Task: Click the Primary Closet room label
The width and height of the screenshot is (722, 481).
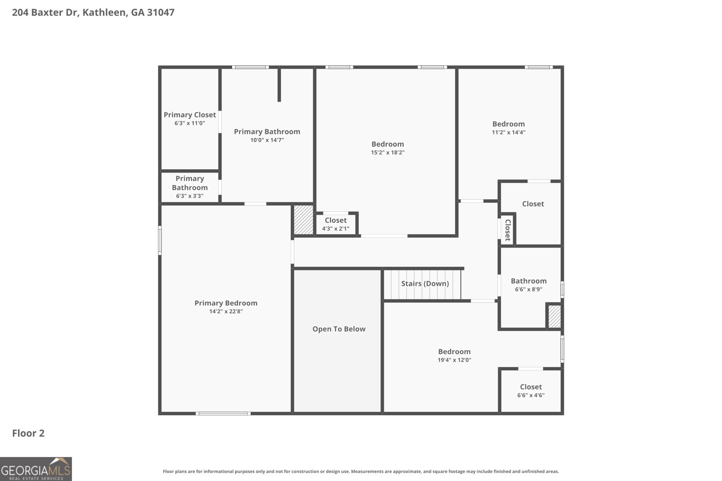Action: (x=190, y=115)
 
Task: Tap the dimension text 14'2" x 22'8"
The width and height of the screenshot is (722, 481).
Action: (x=226, y=312)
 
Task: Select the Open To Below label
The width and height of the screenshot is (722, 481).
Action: (x=339, y=329)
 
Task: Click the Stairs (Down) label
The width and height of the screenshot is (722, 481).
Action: (x=425, y=284)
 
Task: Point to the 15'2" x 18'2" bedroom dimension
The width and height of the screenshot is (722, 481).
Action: (x=388, y=153)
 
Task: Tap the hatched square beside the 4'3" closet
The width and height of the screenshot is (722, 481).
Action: (x=303, y=220)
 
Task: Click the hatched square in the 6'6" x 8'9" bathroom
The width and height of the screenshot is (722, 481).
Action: (x=554, y=316)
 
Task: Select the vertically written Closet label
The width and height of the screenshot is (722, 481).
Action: (x=508, y=230)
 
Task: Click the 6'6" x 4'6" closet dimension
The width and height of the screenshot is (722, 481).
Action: (x=531, y=395)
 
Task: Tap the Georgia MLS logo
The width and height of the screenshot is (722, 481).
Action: (x=36, y=469)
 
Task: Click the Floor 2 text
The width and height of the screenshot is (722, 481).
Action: (x=28, y=433)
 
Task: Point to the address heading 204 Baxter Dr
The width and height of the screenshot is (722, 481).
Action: (x=93, y=13)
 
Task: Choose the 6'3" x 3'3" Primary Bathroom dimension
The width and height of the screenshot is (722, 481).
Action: (x=190, y=196)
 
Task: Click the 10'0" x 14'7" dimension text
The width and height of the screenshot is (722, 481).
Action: (x=267, y=140)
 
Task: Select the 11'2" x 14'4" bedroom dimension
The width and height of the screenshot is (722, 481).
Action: (x=509, y=133)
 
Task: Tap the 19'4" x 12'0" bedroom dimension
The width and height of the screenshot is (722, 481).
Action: (x=454, y=360)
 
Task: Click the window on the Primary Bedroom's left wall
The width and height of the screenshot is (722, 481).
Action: (x=160, y=240)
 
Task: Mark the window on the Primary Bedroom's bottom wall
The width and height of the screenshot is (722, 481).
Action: (x=223, y=413)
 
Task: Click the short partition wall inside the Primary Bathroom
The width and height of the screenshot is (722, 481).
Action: (x=279, y=85)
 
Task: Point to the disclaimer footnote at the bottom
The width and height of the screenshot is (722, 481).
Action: (x=361, y=472)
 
